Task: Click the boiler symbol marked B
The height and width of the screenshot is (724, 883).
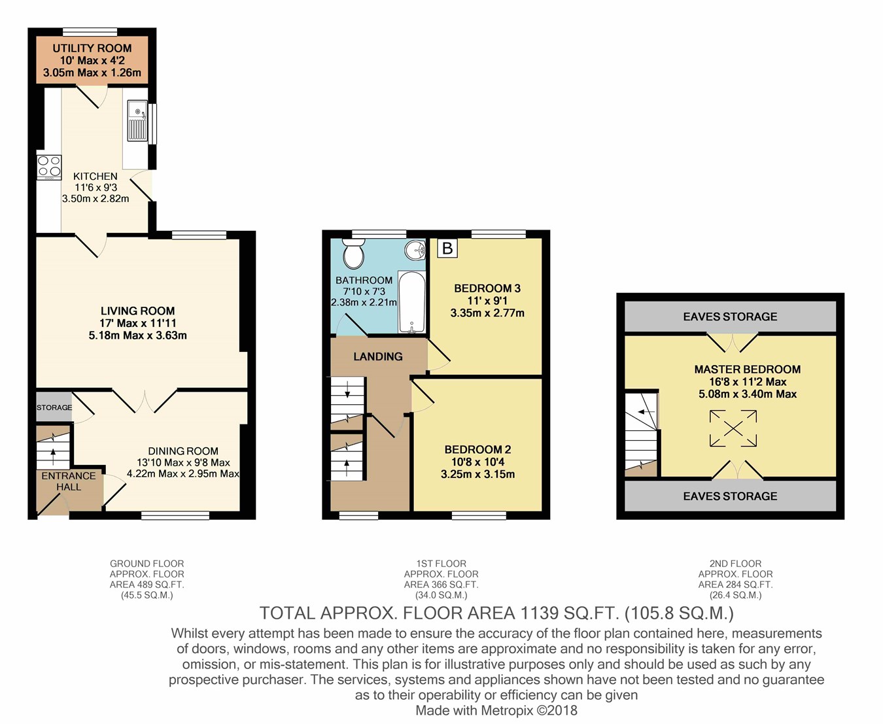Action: [447, 249]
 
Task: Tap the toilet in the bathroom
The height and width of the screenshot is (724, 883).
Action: [354, 253]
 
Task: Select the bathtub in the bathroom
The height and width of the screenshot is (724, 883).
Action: [412, 302]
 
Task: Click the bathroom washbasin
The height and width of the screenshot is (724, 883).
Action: [415, 250]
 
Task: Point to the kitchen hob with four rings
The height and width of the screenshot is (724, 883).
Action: [49, 167]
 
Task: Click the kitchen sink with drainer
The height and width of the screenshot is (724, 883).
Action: [137, 120]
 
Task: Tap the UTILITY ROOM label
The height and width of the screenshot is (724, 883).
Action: [92, 48]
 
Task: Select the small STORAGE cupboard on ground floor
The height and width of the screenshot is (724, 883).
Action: [54, 407]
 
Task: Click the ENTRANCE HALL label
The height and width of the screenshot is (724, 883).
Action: [69, 481]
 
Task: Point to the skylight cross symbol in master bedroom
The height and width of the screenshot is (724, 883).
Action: [733, 428]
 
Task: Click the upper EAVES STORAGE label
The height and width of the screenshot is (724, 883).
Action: [730, 317]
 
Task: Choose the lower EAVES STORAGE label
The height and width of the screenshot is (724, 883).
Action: [730, 496]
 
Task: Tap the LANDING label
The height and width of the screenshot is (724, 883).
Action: [377, 356]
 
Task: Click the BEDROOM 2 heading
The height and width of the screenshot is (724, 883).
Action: [477, 450]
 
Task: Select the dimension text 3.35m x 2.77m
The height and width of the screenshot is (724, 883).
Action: [487, 313]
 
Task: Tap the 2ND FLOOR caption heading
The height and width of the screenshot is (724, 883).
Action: [735, 564]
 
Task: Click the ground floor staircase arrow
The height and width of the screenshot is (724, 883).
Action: [53, 457]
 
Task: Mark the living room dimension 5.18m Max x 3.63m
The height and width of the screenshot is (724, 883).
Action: [138, 336]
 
